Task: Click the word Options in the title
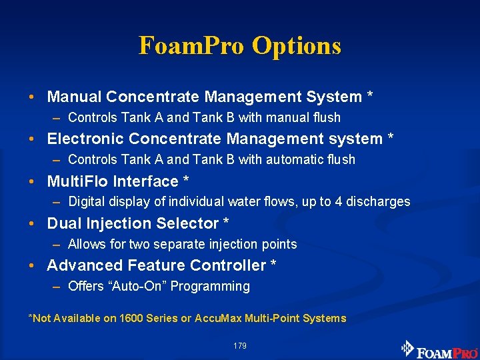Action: [x=297, y=46]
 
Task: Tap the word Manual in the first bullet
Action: [x=74, y=97]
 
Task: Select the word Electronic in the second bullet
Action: [x=86, y=139]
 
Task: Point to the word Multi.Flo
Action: [x=77, y=181]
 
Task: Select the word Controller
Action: [x=228, y=265]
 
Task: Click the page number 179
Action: [x=240, y=346]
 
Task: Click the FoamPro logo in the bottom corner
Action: [x=439, y=349]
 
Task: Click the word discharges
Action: [x=379, y=202]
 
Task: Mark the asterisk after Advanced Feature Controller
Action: [x=273, y=264]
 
